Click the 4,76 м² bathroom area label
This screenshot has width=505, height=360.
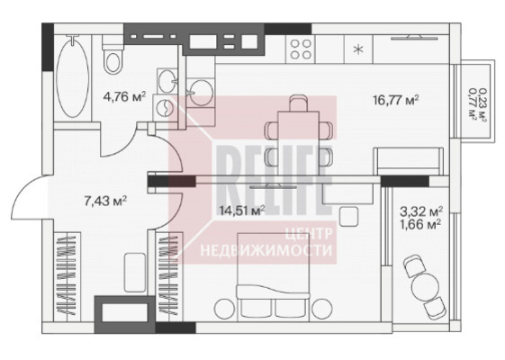click(x=124, y=96)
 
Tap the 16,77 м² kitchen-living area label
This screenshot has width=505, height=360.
click(x=396, y=100)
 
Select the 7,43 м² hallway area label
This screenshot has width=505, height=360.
click(x=105, y=201)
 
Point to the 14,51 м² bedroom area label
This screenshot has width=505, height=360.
click(x=242, y=211)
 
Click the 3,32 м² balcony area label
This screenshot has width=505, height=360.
click(x=421, y=211)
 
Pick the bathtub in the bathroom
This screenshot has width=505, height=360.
click(x=73, y=76)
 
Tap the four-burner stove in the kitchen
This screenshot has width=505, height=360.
click(x=302, y=49)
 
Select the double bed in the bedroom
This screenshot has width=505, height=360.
click(x=273, y=277)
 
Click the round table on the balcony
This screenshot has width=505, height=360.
click(x=425, y=285)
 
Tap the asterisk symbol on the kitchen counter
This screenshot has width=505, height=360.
click(x=358, y=49)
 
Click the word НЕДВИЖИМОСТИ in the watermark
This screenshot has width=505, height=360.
click(x=266, y=250)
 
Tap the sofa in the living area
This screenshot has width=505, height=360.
click(x=409, y=161)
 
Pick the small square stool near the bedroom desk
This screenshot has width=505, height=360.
click(x=348, y=216)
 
